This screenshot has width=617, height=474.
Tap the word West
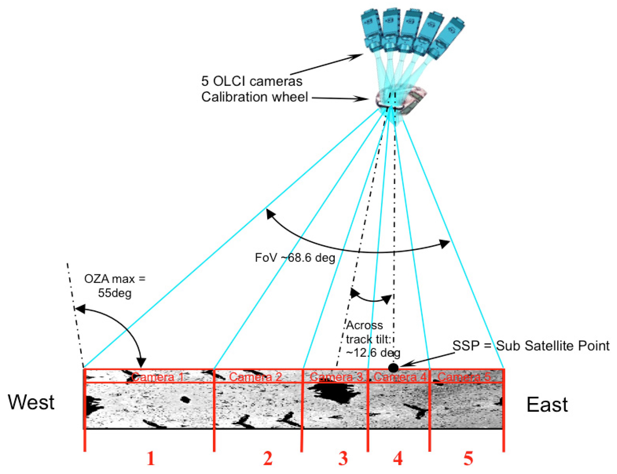click(x=31, y=402)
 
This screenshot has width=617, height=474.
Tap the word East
click(x=547, y=404)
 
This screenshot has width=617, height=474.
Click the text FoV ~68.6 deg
click(x=295, y=258)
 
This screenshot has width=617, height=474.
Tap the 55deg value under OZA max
click(x=115, y=293)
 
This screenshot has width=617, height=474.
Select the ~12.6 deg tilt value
click(x=373, y=353)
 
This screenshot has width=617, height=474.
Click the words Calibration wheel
click(x=254, y=97)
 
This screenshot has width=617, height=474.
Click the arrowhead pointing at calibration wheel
click(x=364, y=99)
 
